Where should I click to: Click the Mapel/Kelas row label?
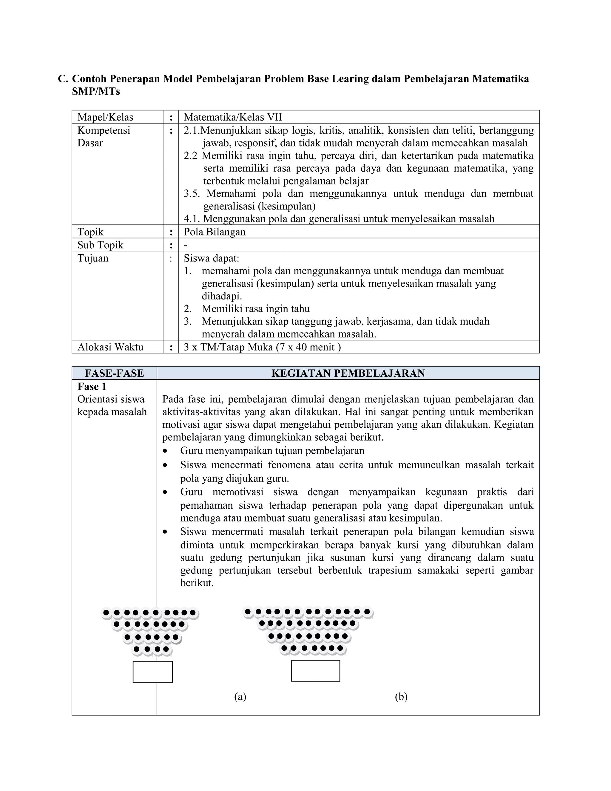click(x=105, y=117)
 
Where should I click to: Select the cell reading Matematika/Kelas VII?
click(x=233, y=117)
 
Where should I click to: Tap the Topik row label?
click(x=90, y=232)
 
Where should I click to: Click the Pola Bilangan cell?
click(x=215, y=232)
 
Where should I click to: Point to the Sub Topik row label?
click(x=100, y=245)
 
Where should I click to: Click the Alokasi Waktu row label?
click(x=110, y=347)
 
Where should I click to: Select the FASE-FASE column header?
click(x=114, y=373)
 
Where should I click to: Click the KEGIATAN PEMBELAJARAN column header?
click(x=348, y=373)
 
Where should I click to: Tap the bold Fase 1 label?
click(x=92, y=387)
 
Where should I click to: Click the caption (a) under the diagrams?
click(x=240, y=696)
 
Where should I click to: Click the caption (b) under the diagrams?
click(x=401, y=696)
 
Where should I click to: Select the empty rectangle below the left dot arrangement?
click(x=153, y=672)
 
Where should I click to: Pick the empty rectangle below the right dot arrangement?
click(x=316, y=670)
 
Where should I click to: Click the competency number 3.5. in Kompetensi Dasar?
click(x=192, y=193)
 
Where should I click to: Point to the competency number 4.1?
click(x=192, y=219)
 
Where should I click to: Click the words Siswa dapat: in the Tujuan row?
click(x=212, y=258)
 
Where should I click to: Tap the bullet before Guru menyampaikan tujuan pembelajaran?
click(x=165, y=451)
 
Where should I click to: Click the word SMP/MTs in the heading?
click(x=96, y=92)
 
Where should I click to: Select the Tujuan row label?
click(x=93, y=258)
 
